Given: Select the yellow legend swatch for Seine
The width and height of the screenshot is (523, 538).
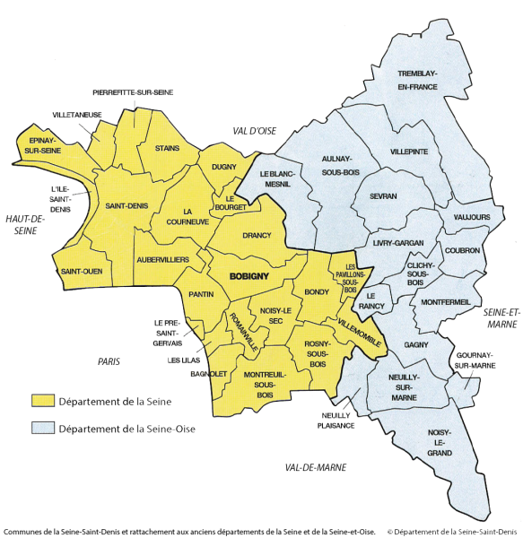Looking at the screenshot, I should pos(42,401).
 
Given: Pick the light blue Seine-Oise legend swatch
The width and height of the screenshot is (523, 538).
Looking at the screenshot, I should pos(42,428).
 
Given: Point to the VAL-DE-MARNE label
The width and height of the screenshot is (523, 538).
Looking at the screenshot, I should pos(315,467).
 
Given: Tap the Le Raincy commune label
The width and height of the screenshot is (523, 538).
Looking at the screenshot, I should pos(376,300).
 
